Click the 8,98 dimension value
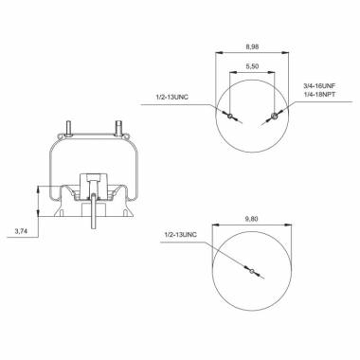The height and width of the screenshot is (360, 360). click(x=252, y=46)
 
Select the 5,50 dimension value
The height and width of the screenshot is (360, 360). click(x=252, y=66)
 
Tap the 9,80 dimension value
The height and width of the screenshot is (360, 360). click(x=252, y=219)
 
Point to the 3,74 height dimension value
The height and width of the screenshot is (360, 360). click(x=21, y=231)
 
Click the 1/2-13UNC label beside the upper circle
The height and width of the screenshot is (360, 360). click(x=171, y=98)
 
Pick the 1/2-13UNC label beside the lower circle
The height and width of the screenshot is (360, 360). click(x=181, y=235)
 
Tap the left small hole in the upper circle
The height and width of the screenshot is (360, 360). click(x=230, y=116)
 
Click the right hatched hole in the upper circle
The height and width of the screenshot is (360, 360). click(x=275, y=116)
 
